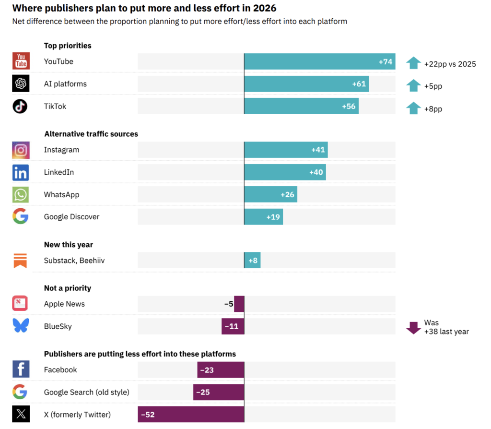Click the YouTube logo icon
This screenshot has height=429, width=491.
pyautogui.click(x=21, y=61)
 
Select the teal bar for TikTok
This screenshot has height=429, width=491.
pyautogui.click(x=301, y=106)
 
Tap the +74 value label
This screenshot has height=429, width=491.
pyautogui.click(x=386, y=61)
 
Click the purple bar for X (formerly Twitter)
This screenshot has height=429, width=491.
pyautogui.click(x=191, y=414)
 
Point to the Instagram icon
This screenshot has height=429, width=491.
pyautogui.click(x=21, y=150)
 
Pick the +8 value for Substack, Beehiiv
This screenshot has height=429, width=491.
pyautogui.click(x=253, y=261)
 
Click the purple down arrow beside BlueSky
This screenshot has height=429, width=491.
pyautogui.click(x=413, y=327)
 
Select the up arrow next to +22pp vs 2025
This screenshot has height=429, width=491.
pyautogui.click(x=413, y=63)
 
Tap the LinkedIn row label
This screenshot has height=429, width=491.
pyautogui.click(x=59, y=172)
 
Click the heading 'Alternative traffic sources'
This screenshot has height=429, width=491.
pyautogui.click(x=91, y=134)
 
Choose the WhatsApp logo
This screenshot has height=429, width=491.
pyautogui.click(x=21, y=194)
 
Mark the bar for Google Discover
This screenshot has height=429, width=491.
pyautogui.click(x=263, y=217)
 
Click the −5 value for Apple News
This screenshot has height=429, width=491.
pyautogui.click(x=229, y=304)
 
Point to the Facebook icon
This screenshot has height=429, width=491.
pyautogui.click(x=21, y=369)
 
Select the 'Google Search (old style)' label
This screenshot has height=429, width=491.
pyautogui.click(x=87, y=392)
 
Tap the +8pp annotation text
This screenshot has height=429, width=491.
pyautogui.click(x=433, y=109)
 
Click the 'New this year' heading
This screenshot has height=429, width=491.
pyautogui.click(x=69, y=245)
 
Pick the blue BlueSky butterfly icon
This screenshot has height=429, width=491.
pyautogui.click(x=21, y=326)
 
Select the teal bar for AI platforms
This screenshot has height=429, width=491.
pyautogui.click(x=306, y=84)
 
